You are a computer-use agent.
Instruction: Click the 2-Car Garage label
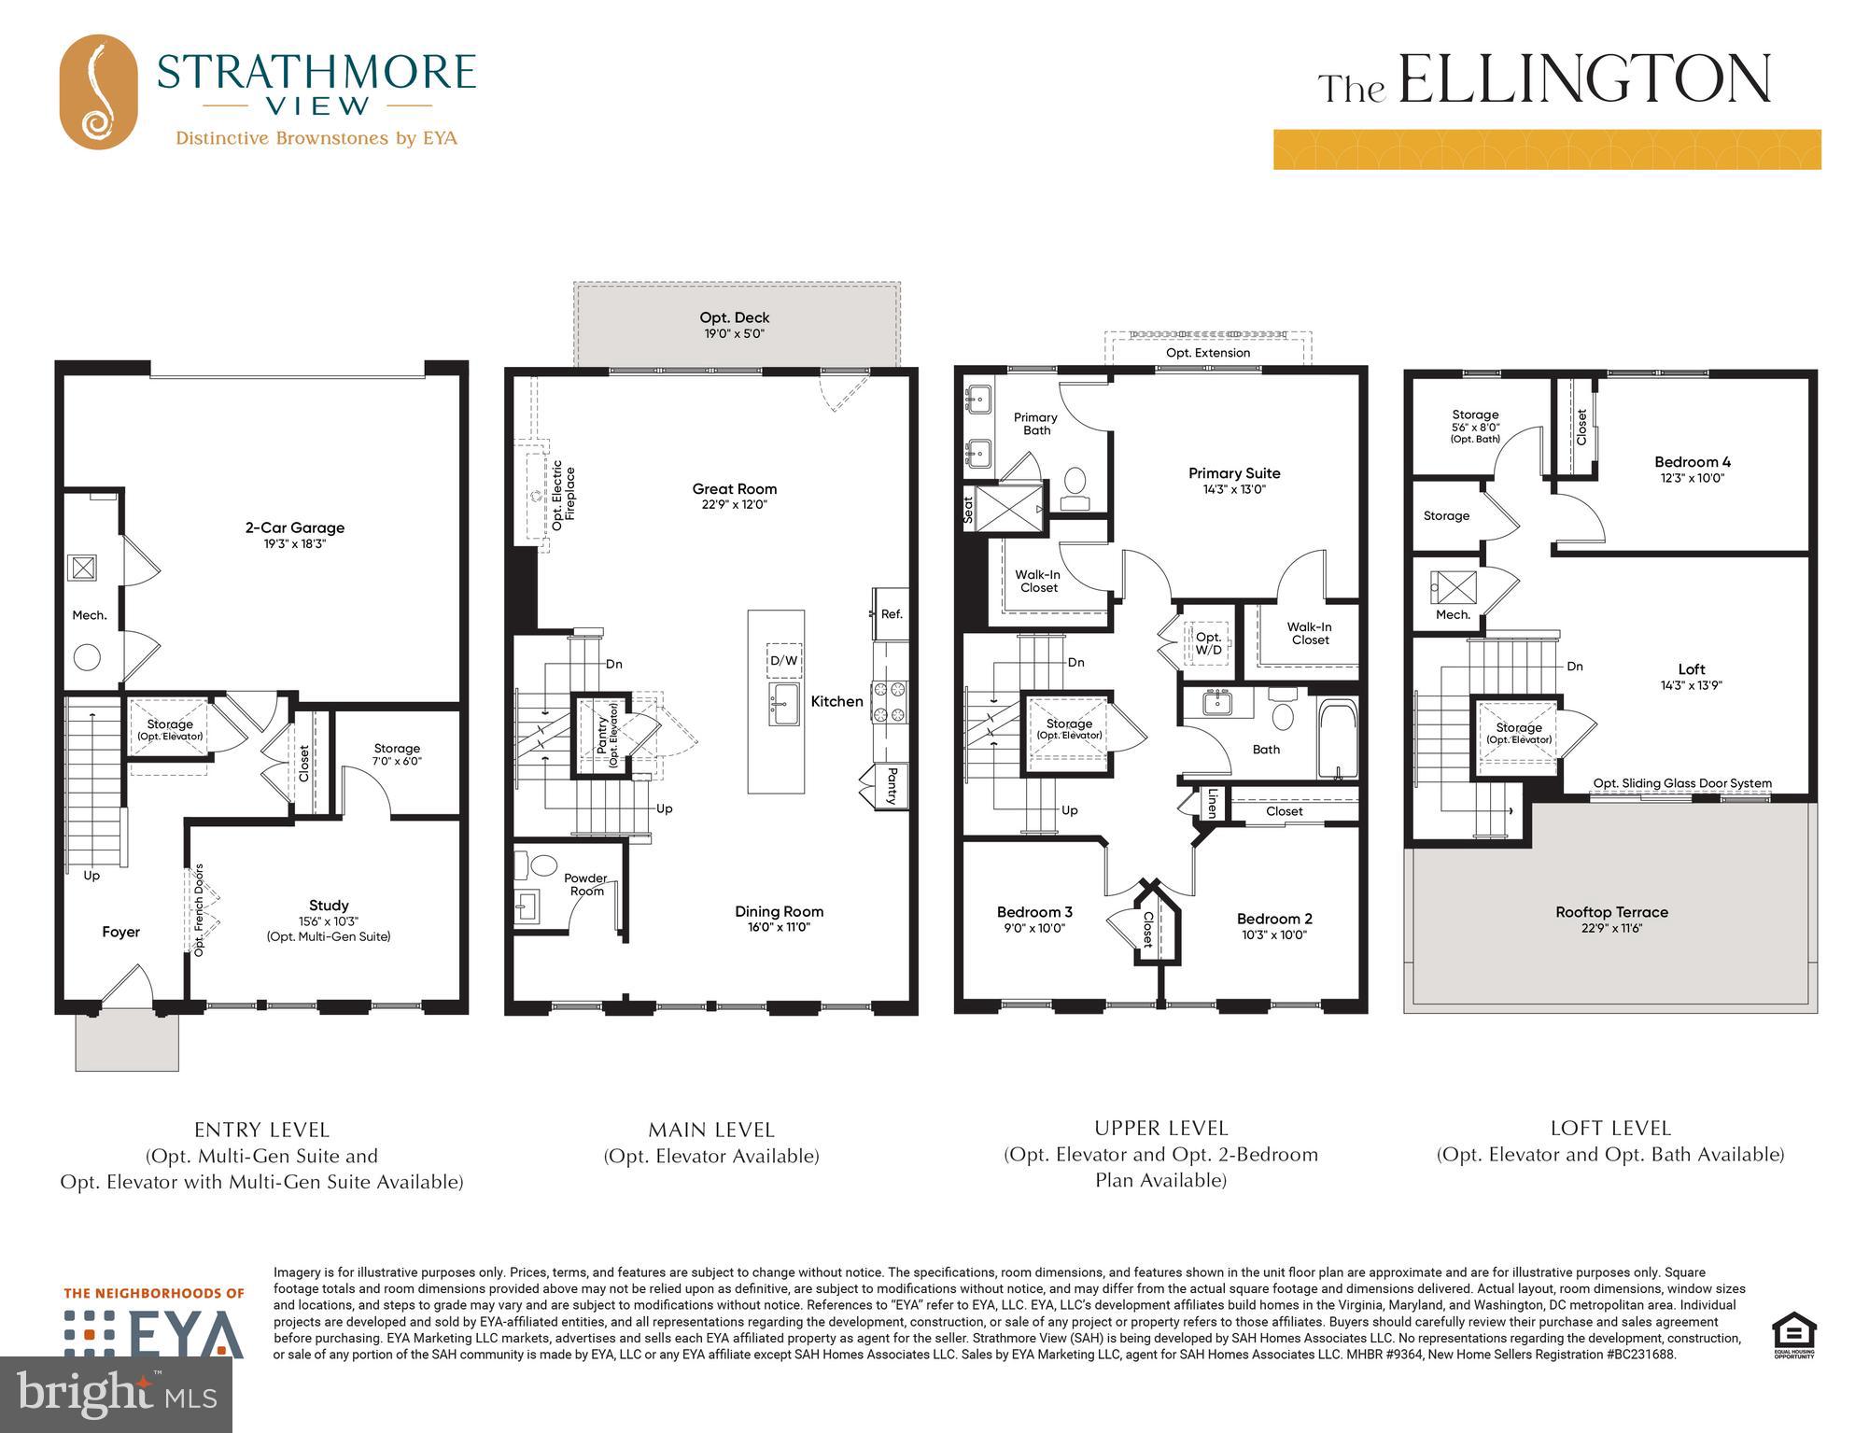click(294, 527)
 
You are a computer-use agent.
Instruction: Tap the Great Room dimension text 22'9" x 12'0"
click(734, 505)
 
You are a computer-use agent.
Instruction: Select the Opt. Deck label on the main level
click(735, 317)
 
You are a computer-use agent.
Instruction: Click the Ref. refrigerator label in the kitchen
click(892, 614)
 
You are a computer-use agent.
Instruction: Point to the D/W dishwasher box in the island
click(783, 661)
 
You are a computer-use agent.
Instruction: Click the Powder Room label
click(586, 884)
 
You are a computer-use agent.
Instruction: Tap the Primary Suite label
click(1233, 473)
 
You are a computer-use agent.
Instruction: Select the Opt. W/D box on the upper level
click(1208, 643)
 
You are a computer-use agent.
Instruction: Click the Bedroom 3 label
click(1034, 912)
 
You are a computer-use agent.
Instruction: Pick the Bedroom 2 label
click(1274, 919)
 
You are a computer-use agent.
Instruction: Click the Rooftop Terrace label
click(1611, 912)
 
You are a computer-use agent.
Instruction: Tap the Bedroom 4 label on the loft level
click(1692, 462)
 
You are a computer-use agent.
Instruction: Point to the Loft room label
click(1691, 669)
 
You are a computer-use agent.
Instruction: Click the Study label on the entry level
click(329, 906)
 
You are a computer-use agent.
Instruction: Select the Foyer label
click(120, 932)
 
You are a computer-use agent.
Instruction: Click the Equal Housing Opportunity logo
click(1793, 1335)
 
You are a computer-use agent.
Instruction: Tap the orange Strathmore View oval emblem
click(98, 91)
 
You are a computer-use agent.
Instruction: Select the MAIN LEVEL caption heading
click(711, 1130)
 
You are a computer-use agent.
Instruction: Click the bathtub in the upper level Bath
click(1338, 739)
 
